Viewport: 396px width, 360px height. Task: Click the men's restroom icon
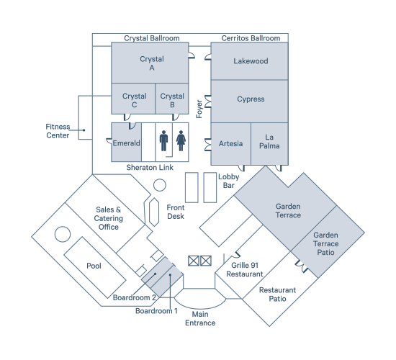pyautogui.click(x=163, y=140)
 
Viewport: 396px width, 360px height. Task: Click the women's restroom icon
pyautogui.click(x=181, y=140)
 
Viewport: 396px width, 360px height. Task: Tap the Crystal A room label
pyautogui.click(x=152, y=63)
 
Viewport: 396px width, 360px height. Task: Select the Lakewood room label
pyautogui.click(x=251, y=61)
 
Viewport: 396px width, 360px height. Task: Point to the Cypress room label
pyautogui.click(x=251, y=99)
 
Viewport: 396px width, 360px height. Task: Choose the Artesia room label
pyautogui.click(x=230, y=143)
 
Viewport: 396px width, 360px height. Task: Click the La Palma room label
pyautogui.click(x=269, y=141)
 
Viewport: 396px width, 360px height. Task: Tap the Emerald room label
pyautogui.click(x=126, y=143)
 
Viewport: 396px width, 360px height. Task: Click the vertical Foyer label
pyautogui.click(x=199, y=109)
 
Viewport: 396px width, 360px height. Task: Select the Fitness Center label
pyautogui.click(x=58, y=131)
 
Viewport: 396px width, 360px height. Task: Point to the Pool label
pyautogui.click(x=94, y=266)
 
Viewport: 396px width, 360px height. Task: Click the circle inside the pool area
pyautogui.click(x=63, y=234)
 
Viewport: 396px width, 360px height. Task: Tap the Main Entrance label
pyautogui.click(x=200, y=318)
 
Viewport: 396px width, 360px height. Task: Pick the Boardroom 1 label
pyautogui.click(x=156, y=311)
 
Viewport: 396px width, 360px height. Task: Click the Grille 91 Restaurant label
pyautogui.click(x=245, y=269)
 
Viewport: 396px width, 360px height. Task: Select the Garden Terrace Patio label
pyautogui.click(x=325, y=243)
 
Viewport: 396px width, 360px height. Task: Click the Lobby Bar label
pyautogui.click(x=228, y=181)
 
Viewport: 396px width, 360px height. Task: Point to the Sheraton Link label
pyautogui.click(x=150, y=168)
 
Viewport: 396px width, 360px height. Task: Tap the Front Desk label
pyautogui.click(x=176, y=212)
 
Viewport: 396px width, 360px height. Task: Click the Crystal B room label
pyautogui.click(x=172, y=100)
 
